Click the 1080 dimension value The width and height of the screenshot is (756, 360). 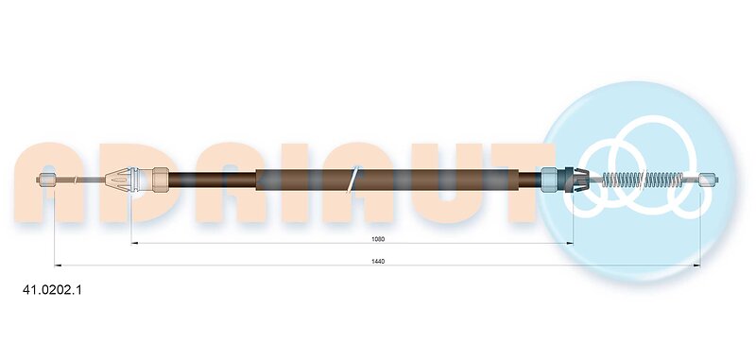click(x=378, y=239)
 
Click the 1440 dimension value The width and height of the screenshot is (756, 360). click(x=378, y=261)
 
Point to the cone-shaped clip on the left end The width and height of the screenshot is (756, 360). click(x=118, y=180)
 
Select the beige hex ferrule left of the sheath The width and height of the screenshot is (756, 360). click(x=161, y=180)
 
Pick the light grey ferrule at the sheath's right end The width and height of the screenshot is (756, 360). click(x=550, y=180)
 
